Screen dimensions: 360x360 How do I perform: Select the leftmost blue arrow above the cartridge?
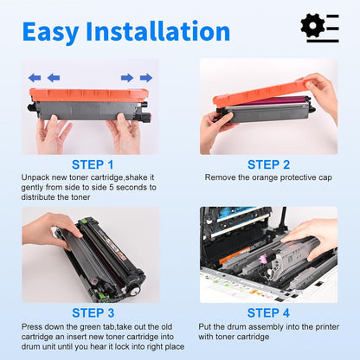34,77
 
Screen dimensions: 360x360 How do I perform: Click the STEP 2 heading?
269,164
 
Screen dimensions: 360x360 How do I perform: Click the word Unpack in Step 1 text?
35,177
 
